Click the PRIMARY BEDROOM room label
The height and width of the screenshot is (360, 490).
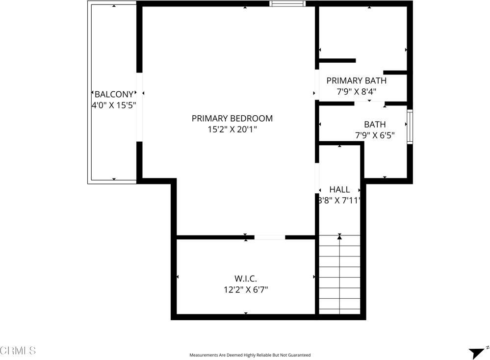click(x=232, y=118)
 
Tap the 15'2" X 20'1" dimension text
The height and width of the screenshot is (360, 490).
click(x=232, y=129)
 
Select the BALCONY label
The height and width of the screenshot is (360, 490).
click(x=114, y=94)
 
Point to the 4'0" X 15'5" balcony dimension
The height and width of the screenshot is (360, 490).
click(x=114, y=105)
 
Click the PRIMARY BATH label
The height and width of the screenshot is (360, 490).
click(x=356, y=80)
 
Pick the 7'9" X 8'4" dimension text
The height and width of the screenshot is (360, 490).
click(x=356, y=91)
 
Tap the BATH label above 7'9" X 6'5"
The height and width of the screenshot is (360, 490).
click(x=375, y=125)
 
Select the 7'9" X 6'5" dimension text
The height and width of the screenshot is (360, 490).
click(x=375, y=135)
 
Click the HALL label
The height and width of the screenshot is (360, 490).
click(x=339, y=189)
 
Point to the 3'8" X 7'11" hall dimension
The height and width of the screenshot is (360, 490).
click(x=339, y=200)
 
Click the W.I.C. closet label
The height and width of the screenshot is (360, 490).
click(x=246, y=279)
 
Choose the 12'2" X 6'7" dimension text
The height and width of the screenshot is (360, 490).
click(x=246, y=289)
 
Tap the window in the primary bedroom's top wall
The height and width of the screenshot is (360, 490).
click(x=287, y=4)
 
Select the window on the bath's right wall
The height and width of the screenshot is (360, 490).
click(x=410, y=127)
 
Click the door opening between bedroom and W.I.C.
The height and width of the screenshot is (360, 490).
click(x=269, y=237)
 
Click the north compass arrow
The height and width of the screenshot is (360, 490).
click(x=476, y=352)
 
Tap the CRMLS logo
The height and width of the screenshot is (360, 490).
click(x=18, y=350)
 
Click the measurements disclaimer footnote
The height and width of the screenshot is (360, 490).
click(x=250, y=355)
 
